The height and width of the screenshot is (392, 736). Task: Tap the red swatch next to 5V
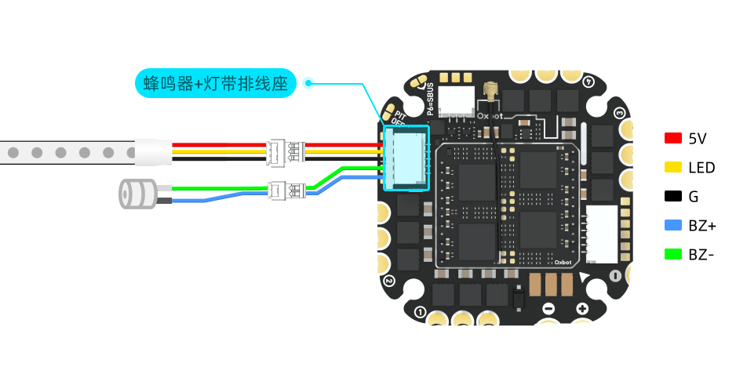[x=672, y=139]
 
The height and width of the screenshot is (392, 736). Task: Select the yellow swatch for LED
[x=672, y=167]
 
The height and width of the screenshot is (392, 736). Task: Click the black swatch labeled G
[x=672, y=196]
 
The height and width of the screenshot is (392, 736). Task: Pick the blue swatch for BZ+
[x=672, y=225]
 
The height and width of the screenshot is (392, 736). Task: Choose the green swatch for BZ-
[x=672, y=254]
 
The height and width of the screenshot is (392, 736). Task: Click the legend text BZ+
[x=701, y=226]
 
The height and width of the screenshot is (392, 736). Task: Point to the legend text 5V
[x=697, y=139]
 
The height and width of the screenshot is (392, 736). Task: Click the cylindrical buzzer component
[x=137, y=194]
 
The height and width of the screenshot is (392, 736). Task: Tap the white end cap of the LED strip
[x=152, y=152]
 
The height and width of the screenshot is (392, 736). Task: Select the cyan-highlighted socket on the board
[x=406, y=158]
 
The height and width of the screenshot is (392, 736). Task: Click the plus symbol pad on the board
[x=582, y=309]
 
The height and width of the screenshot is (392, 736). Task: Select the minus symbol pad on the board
[x=548, y=309]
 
